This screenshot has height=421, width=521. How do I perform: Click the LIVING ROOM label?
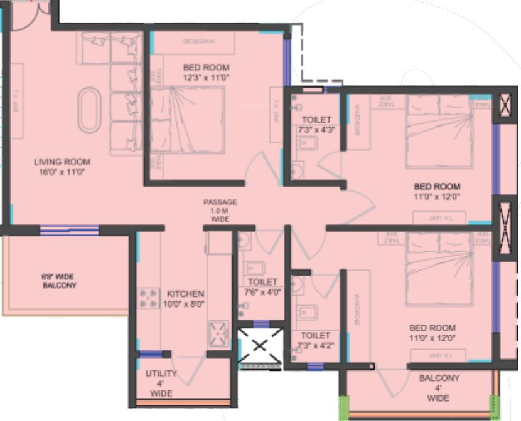pos(62,162)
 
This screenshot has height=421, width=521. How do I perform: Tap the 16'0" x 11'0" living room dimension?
pos(62,171)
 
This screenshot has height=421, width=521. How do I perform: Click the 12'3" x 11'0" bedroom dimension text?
pos(207,78)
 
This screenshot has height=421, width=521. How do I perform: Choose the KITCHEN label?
pos(186,294)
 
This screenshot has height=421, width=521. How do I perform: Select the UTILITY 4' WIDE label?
pos(161,383)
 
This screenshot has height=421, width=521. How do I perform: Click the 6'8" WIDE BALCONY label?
pos(60,281)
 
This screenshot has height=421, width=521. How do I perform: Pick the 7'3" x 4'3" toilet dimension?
pos(316,130)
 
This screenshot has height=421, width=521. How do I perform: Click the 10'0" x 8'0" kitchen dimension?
pos(186,304)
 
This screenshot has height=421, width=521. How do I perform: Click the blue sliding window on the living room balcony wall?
pos(69,230)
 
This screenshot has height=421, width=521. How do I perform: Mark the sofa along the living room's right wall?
pos(124,94)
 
